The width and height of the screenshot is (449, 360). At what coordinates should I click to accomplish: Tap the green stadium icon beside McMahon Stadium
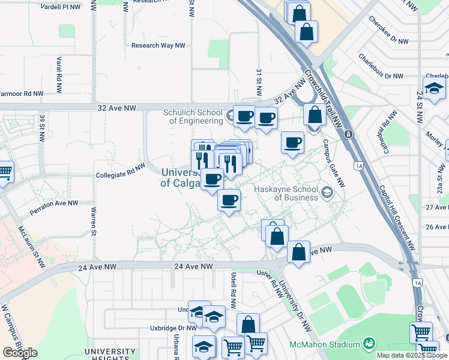(x=369, y=344)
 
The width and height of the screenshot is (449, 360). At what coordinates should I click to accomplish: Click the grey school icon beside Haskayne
(x=327, y=192)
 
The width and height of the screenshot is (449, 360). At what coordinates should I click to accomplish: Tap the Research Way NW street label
(x=158, y=46)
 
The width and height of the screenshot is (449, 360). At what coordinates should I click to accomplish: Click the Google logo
(x=20, y=353)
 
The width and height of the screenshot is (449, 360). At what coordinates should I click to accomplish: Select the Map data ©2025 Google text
(x=412, y=355)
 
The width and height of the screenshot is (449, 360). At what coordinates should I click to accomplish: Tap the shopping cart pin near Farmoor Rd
(x=5, y=171)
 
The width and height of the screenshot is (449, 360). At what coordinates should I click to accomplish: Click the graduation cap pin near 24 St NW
(x=434, y=88)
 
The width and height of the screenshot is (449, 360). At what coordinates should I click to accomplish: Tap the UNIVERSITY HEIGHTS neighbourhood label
(x=110, y=354)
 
